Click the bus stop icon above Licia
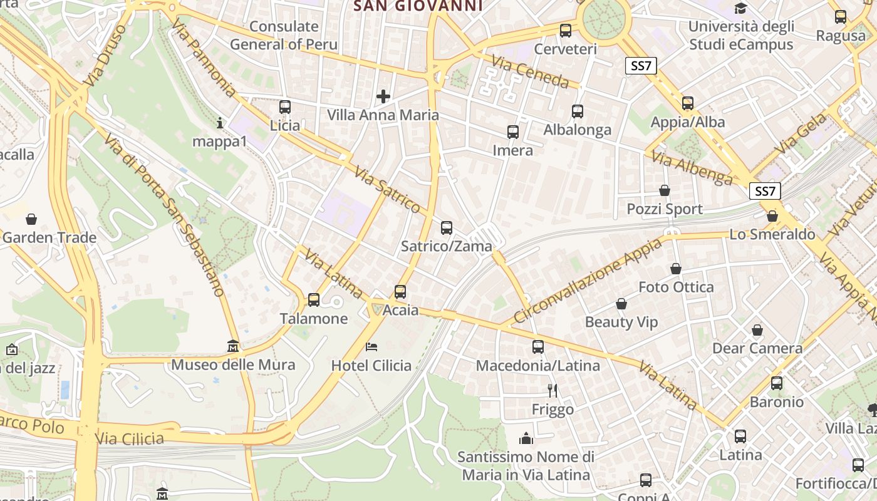(285, 107)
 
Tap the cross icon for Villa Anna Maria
(383, 96)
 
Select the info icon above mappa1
(219, 123)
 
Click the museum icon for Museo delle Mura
(233, 346)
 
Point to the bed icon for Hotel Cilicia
(371, 346)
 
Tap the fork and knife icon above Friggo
(553, 391)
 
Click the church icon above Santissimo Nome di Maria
(526, 438)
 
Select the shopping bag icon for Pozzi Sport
(665, 190)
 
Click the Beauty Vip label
(621, 322)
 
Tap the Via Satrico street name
(387, 189)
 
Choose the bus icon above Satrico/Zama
(447, 228)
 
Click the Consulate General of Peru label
(284, 36)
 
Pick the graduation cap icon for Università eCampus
(741, 8)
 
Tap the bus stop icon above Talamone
(314, 300)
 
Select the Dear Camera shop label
(757, 348)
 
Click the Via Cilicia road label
(130, 438)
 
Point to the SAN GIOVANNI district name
(418, 6)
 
